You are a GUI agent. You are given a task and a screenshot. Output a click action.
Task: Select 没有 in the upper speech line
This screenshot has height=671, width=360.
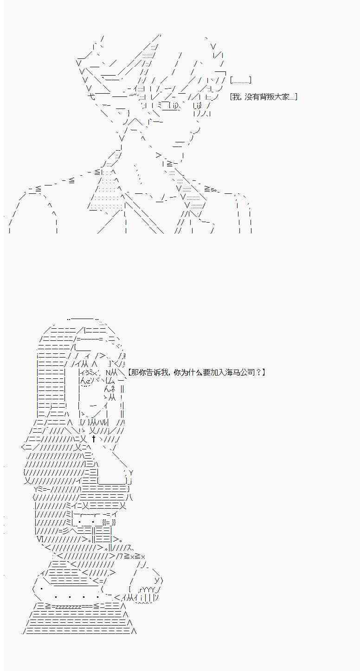click(249, 97)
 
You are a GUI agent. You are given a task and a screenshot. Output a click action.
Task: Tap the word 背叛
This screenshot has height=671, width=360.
click(264, 97)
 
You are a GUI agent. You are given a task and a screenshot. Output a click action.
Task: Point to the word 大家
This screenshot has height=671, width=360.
click(279, 97)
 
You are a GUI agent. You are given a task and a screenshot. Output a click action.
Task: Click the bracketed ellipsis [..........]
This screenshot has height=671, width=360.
click(241, 80)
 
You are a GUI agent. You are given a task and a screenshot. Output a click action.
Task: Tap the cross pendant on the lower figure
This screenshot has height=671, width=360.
click(94, 438)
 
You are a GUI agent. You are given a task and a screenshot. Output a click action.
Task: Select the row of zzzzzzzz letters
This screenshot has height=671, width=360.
click(70, 606)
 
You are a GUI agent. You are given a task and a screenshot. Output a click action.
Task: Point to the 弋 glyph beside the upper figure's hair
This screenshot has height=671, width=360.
click(91, 97)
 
